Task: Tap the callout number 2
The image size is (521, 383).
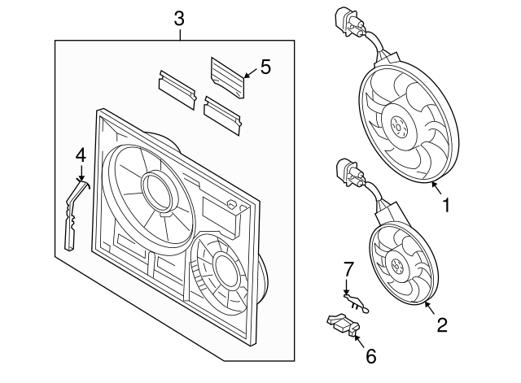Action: point(442,325)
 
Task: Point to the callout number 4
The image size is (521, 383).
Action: point(80,154)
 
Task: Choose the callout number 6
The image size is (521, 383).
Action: point(370,355)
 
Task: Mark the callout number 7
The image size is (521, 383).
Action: point(348,268)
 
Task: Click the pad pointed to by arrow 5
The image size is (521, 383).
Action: point(227,76)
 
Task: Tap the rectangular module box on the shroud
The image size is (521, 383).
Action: point(220,215)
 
